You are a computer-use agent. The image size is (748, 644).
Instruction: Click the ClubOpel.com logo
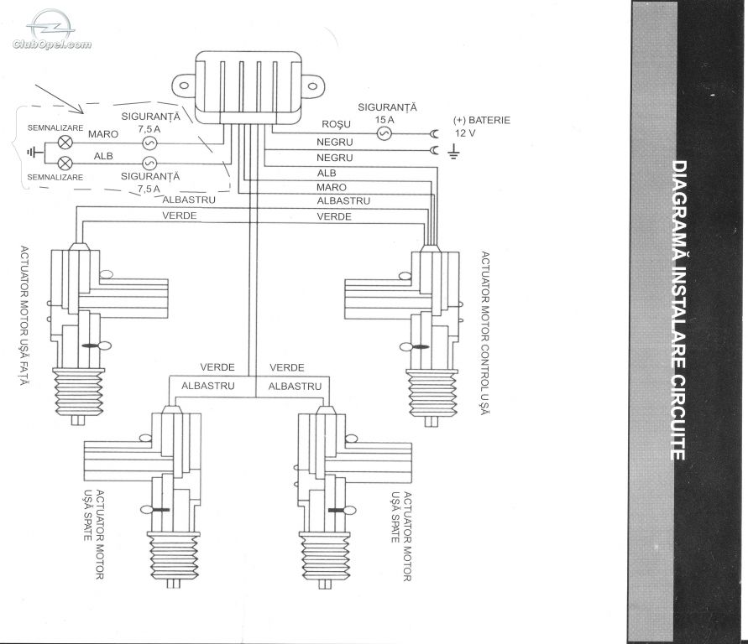point(51,29)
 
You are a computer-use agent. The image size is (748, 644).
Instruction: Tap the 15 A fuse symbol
point(384,133)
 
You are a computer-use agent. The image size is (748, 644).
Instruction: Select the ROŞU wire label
point(336,124)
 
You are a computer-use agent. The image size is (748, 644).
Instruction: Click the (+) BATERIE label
point(481,120)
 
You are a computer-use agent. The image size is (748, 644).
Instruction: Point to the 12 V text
point(465,133)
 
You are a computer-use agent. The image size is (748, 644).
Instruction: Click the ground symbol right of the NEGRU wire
point(453,152)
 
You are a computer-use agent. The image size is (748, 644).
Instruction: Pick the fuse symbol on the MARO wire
point(149,143)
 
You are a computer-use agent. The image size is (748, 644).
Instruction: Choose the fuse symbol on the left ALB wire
point(149,164)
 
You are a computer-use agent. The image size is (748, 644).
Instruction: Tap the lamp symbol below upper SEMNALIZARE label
point(65,142)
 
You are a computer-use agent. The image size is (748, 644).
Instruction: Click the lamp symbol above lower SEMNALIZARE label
point(65,164)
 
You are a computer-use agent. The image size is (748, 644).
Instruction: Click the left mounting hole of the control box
point(184,86)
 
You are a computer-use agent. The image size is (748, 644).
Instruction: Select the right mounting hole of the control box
point(313,86)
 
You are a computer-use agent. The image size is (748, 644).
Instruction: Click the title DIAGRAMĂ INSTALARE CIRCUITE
point(679,310)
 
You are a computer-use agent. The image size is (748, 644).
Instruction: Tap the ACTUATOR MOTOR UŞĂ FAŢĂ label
point(24,316)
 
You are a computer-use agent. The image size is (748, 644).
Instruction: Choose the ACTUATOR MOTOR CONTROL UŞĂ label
point(485,333)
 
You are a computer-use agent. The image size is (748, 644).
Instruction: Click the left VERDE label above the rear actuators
point(217,367)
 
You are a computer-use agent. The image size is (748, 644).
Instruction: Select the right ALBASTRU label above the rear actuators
point(295,387)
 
